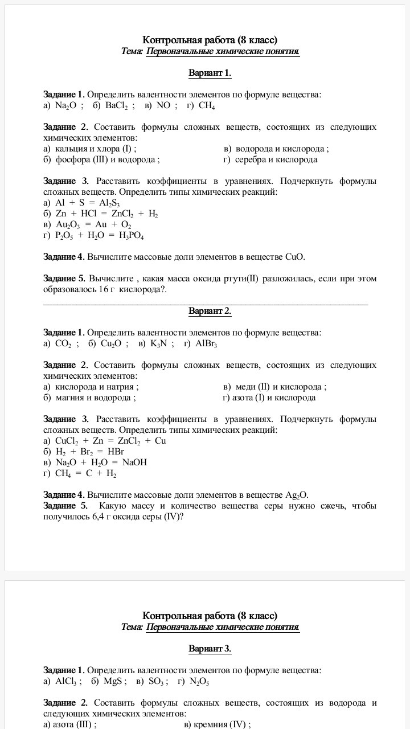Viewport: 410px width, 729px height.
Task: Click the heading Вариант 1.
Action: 210,73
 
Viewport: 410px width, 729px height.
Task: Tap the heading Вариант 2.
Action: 210,311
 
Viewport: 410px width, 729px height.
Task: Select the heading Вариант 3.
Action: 210,649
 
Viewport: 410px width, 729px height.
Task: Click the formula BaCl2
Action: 117,106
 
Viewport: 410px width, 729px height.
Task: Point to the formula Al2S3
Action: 109,203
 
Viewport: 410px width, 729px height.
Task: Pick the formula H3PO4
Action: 131,236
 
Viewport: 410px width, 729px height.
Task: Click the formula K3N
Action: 158,343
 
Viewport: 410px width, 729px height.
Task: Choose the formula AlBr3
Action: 206,343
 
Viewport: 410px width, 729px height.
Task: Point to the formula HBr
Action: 115,452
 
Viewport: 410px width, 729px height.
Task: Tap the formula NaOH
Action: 134,462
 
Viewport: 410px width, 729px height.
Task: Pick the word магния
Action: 70,398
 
